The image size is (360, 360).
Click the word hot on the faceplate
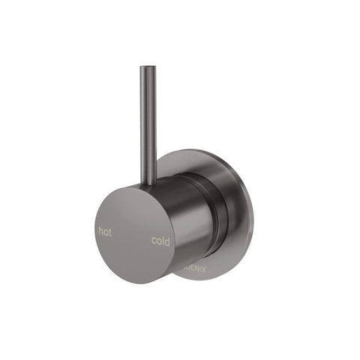coord(105,232)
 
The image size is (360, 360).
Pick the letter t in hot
coord(110,232)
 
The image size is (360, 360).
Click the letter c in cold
coord(154,241)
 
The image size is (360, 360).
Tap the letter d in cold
coord(167,241)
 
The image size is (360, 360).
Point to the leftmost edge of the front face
coord(96,225)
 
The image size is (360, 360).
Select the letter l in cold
coord(163,241)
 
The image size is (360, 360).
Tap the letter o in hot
coord(106,232)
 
